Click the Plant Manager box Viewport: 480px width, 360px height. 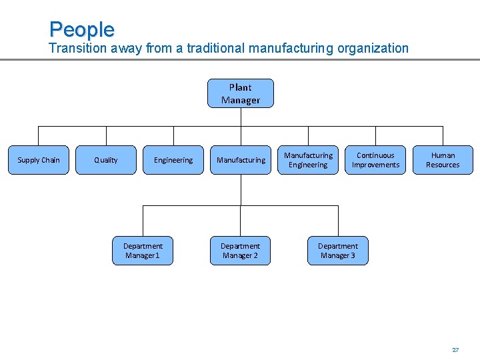coord(240,93)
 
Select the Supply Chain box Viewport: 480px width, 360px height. coord(38,160)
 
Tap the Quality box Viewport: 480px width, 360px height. coord(105,160)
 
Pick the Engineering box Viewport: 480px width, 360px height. coord(173,160)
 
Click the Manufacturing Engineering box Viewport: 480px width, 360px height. coord(308,160)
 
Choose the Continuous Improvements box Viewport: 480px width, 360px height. coord(375,160)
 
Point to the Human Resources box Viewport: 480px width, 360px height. coord(443,160)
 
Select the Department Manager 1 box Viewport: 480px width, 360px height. coord(143,251)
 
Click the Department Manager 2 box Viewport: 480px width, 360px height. coord(240,251)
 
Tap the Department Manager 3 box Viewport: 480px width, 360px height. coord(337,251)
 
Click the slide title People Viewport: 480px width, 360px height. coord(81,29)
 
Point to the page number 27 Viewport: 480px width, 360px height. coord(455,349)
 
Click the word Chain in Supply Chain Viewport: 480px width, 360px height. coord(50,160)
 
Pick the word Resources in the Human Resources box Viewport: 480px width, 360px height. coord(443,165)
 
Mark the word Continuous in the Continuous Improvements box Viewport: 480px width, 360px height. coord(375,155)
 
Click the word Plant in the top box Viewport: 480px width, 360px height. coord(240,87)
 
